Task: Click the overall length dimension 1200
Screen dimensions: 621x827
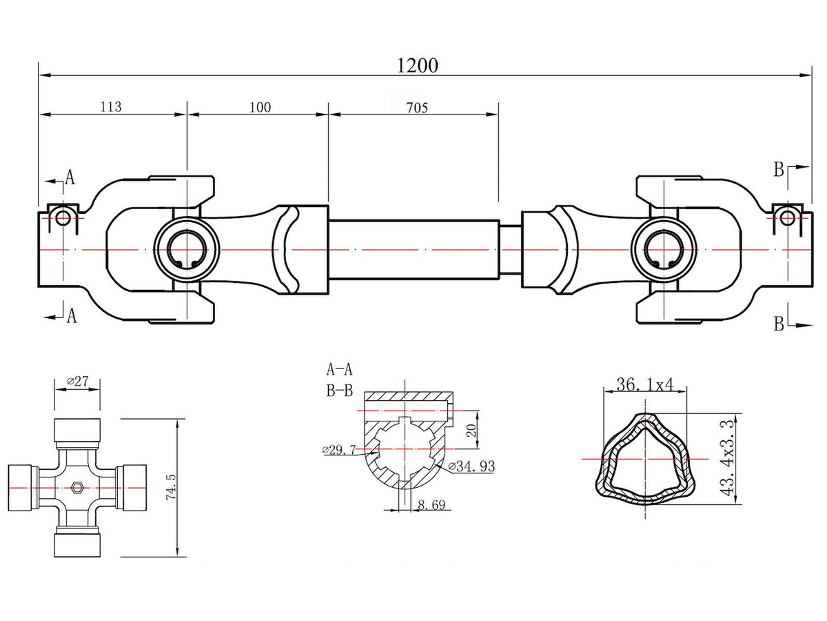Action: (418, 65)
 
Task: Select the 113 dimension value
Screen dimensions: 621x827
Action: (111, 107)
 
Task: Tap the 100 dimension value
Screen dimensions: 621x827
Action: (261, 107)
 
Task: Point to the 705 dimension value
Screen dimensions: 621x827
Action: (417, 107)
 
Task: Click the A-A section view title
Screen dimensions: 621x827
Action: (338, 368)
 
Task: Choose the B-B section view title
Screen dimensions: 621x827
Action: (338, 391)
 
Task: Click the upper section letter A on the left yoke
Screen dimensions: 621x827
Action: (70, 178)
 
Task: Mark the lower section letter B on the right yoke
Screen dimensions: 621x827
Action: (778, 324)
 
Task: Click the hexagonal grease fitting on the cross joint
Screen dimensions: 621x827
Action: (77, 488)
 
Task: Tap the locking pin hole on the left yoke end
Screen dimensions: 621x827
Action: (63, 217)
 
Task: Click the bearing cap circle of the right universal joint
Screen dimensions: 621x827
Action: (663, 249)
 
